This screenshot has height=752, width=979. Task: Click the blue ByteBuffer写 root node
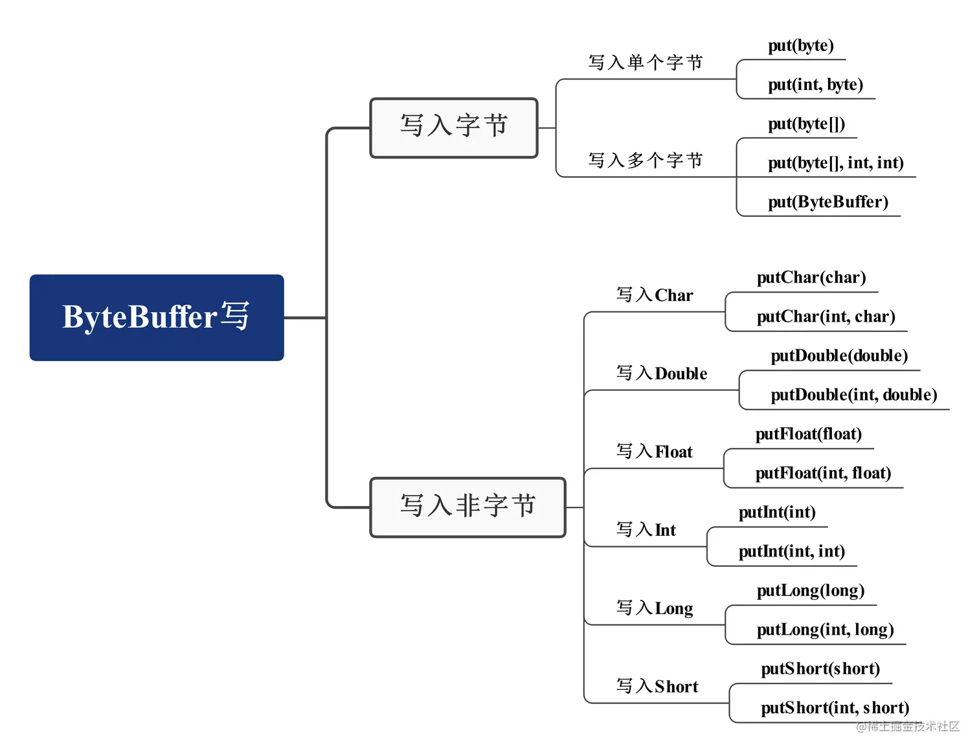tap(156, 317)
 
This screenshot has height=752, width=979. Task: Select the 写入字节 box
tap(453, 127)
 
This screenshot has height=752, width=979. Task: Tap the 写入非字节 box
tap(467, 507)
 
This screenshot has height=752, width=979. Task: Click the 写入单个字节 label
tap(645, 63)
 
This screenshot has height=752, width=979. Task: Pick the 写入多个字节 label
tap(645, 160)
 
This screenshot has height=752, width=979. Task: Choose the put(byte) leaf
tap(800, 46)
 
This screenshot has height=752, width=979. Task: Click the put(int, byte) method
tap(815, 85)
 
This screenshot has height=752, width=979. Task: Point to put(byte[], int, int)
tap(835, 163)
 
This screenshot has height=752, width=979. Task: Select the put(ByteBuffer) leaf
tap(827, 202)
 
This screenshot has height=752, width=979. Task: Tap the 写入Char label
tap(654, 296)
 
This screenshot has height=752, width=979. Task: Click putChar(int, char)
tap(826, 317)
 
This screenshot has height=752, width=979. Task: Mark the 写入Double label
tap(661, 374)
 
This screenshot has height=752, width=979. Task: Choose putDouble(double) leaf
tap(838, 356)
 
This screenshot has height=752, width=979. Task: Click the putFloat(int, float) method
tap(822, 474)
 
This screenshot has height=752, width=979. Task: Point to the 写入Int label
tap(646, 531)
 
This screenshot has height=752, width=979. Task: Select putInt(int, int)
tap(791, 552)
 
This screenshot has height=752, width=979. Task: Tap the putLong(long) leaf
tap(810, 591)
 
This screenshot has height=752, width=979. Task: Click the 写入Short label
tap(657, 687)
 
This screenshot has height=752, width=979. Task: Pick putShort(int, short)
tap(835, 708)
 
